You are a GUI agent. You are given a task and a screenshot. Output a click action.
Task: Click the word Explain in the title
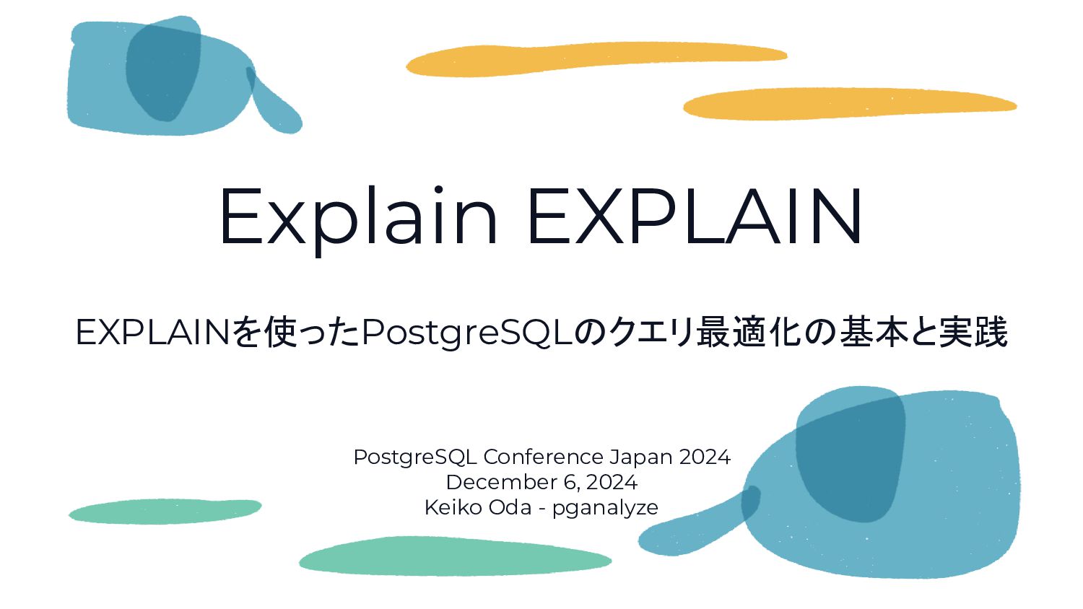pyautogui.click(x=358, y=216)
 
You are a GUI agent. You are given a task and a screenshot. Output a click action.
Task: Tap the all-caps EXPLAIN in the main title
pyautogui.click(x=695, y=216)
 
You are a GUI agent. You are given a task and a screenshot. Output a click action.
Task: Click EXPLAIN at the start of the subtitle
pyautogui.click(x=152, y=333)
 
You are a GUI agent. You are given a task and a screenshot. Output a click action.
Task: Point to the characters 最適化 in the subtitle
pyautogui.click(x=749, y=333)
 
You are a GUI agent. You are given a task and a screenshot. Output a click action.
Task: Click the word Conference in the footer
pyautogui.click(x=543, y=457)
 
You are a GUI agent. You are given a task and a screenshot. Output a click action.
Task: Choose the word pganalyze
pyautogui.click(x=605, y=508)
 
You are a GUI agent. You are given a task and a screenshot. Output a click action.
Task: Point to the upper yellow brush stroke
pyautogui.click(x=596, y=58)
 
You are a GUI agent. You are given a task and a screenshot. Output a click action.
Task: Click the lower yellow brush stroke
pyautogui.click(x=849, y=104)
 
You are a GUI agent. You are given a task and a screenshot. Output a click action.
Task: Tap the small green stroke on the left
pyautogui.click(x=165, y=511)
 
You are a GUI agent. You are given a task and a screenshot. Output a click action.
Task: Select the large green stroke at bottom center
pyautogui.click(x=455, y=556)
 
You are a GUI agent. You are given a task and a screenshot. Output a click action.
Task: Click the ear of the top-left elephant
pyautogui.click(x=163, y=71)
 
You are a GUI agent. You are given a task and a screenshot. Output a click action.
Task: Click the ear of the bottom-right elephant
pyautogui.click(x=851, y=455)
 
